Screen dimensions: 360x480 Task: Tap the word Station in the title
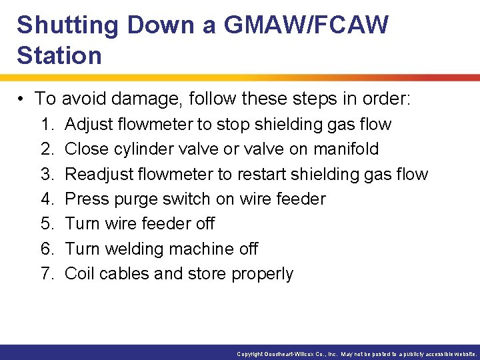pos(59,55)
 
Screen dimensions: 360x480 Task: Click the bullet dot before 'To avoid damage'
pos(22,99)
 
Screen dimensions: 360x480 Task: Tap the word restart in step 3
pos(265,175)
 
